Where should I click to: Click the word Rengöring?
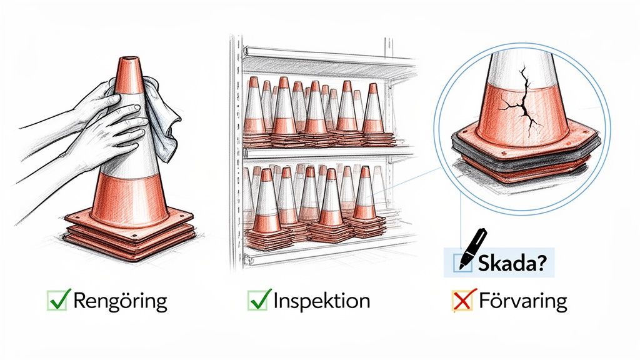[x=120, y=302]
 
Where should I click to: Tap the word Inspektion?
[x=322, y=301]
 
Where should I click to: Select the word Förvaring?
[x=523, y=301]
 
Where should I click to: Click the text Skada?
[x=511, y=263]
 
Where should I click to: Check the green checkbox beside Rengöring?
[x=57, y=300]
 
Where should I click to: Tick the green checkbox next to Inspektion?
[x=258, y=300]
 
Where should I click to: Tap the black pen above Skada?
[x=474, y=247]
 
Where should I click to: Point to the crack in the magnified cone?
[x=522, y=102]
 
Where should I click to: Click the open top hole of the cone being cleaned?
[x=130, y=59]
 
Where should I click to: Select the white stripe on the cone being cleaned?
[x=131, y=163]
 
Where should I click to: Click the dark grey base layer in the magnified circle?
[x=526, y=155]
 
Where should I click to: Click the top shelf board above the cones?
[x=326, y=61]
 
